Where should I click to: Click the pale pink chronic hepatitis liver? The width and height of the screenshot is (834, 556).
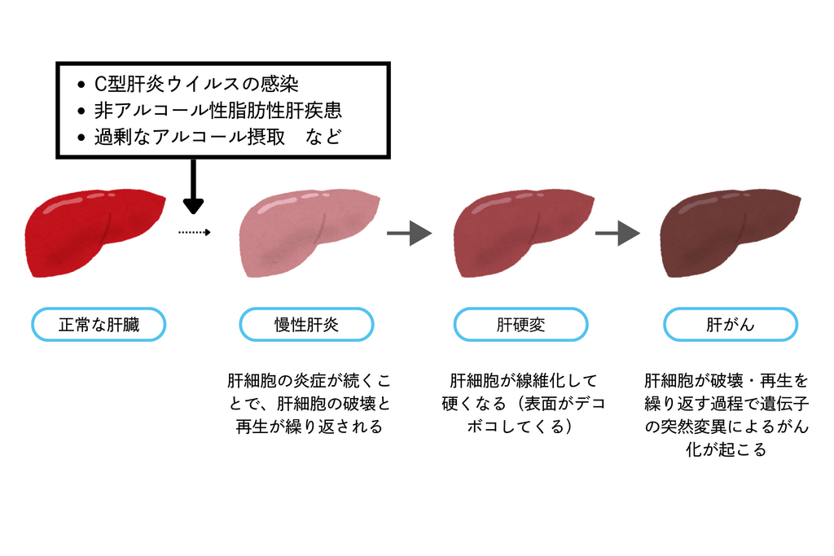(308, 233)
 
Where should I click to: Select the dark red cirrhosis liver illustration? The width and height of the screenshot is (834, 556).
(521, 233)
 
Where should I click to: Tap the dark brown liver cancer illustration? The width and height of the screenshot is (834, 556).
(729, 233)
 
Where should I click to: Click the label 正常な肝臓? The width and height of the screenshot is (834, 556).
(99, 325)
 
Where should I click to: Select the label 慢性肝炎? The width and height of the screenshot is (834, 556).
(306, 325)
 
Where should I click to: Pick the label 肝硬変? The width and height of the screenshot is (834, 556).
(520, 325)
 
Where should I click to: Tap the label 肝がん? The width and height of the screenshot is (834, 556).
(730, 325)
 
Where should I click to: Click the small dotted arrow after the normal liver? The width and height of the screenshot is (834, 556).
(195, 233)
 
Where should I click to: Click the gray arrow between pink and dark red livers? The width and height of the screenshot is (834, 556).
(409, 234)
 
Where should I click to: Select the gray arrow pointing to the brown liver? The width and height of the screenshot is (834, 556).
(617, 234)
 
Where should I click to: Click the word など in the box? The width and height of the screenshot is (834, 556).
(324, 137)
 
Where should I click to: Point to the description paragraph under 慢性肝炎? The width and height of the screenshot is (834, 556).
(308, 404)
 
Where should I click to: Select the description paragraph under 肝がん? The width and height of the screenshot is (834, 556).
(726, 415)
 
